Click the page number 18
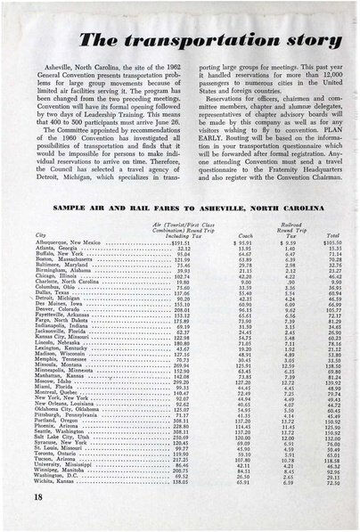[19, 516]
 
